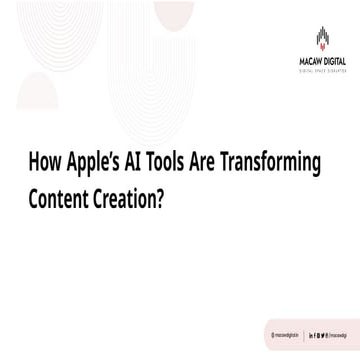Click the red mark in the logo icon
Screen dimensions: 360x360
322,42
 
